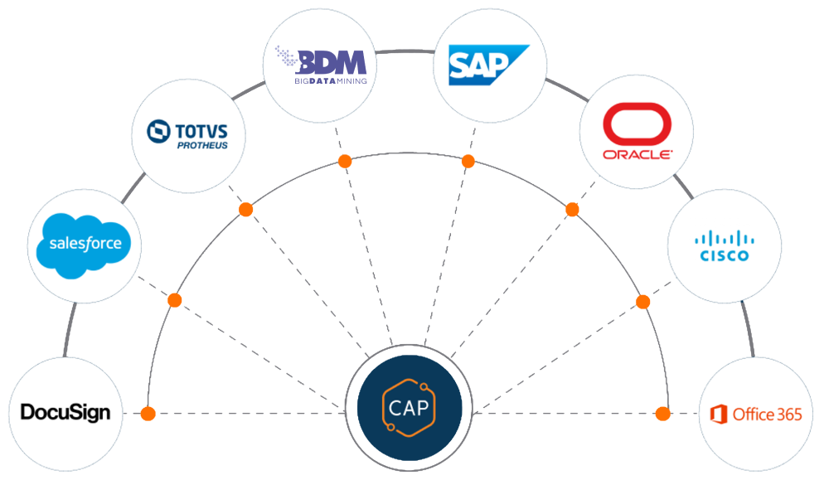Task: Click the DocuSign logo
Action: [x=65, y=412]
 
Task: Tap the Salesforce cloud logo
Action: [x=85, y=243]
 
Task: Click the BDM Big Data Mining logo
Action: [x=319, y=65]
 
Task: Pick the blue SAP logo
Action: [x=489, y=65]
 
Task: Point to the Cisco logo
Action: [x=724, y=245]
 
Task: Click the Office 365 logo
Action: [x=756, y=414]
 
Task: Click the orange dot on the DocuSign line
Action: [x=148, y=413]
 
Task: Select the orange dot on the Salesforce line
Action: [x=175, y=300]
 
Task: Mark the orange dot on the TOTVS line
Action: [x=245, y=210]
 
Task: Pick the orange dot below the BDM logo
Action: [x=344, y=161]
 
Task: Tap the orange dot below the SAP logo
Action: [x=468, y=161]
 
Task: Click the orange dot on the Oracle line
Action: [x=572, y=210]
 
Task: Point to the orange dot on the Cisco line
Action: [x=642, y=301]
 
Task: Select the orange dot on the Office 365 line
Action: [x=662, y=413]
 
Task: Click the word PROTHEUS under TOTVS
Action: [x=201, y=146]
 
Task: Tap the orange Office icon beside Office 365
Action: [x=720, y=414]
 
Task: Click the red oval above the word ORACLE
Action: [x=637, y=124]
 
